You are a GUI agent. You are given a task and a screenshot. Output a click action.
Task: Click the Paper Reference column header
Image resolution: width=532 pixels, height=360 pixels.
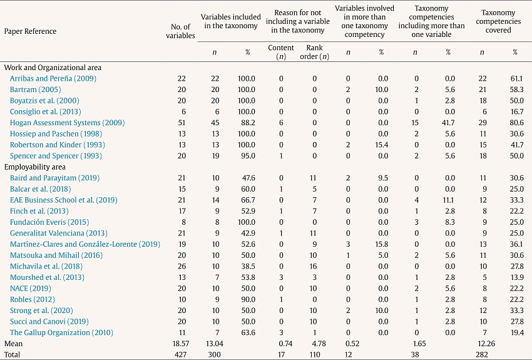pyautogui.click(x=30, y=31)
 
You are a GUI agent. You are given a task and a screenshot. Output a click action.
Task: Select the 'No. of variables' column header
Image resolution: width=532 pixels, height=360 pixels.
pyautogui.click(x=182, y=31)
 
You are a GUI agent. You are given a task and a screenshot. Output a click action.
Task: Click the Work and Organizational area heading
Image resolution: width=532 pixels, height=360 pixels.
pyautogui.click(x=53, y=67)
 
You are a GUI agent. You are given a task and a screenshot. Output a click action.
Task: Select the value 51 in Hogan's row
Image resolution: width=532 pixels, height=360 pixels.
pyautogui.click(x=182, y=122)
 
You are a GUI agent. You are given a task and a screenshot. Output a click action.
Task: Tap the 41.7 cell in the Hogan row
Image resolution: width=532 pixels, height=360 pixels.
pyautogui.click(x=448, y=122)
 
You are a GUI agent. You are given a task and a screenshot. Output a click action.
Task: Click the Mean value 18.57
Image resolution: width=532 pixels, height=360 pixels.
pyautogui.click(x=179, y=344)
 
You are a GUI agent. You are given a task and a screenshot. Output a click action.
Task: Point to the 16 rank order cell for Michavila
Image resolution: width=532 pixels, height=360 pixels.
pyautogui.click(x=314, y=266)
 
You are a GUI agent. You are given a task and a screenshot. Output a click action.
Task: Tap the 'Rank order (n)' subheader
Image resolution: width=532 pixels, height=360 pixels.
pyautogui.click(x=314, y=52)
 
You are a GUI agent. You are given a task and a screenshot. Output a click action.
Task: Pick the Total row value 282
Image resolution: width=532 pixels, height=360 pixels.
pyautogui.click(x=481, y=355)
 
